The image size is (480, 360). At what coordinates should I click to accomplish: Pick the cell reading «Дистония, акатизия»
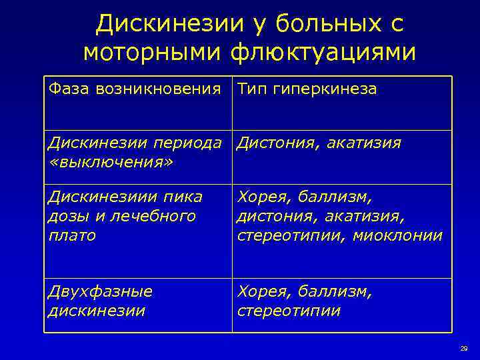click(319, 143)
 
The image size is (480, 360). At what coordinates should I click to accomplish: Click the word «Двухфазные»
click(101, 292)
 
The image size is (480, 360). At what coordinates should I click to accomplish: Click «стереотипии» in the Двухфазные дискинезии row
click(289, 311)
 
